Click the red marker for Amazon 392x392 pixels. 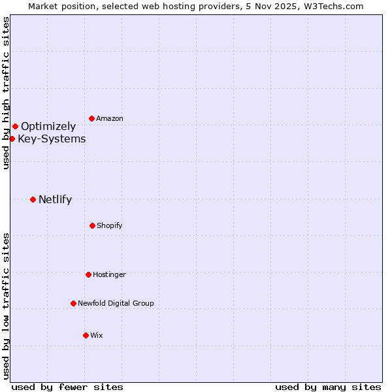pyautogui.click(x=91, y=118)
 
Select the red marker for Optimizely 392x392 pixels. pyautogui.click(x=15, y=126)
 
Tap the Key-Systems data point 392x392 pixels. pyautogui.click(x=12, y=139)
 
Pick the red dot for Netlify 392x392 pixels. pyautogui.click(x=33, y=199)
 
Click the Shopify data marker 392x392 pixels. pyautogui.click(x=92, y=225)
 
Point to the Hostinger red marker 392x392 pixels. pyautogui.click(x=88, y=274)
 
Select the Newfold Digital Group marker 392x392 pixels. pyautogui.click(x=73, y=303)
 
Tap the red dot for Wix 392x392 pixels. pyautogui.click(x=86, y=335)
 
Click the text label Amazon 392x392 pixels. pyautogui.click(x=110, y=119)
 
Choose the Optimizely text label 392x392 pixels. pyautogui.click(x=48, y=127)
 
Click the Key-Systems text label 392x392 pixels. pyautogui.click(x=52, y=139)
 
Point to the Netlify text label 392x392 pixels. pyautogui.click(x=55, y=200)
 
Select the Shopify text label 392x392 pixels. pyautogui.click(x=110, y=226)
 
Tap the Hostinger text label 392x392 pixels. pyautogui.click(x=109, y=275)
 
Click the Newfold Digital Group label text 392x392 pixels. pyautogui.click(x=116, y=304)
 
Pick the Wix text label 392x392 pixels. pyautogui.click(x=97, y=336)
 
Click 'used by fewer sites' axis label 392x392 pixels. pyautogui.click(x=67, y=387)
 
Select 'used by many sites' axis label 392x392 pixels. pyautogui.click(x=328, y=387)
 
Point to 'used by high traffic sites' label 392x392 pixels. pyautogui.click(x=6, y=93)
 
